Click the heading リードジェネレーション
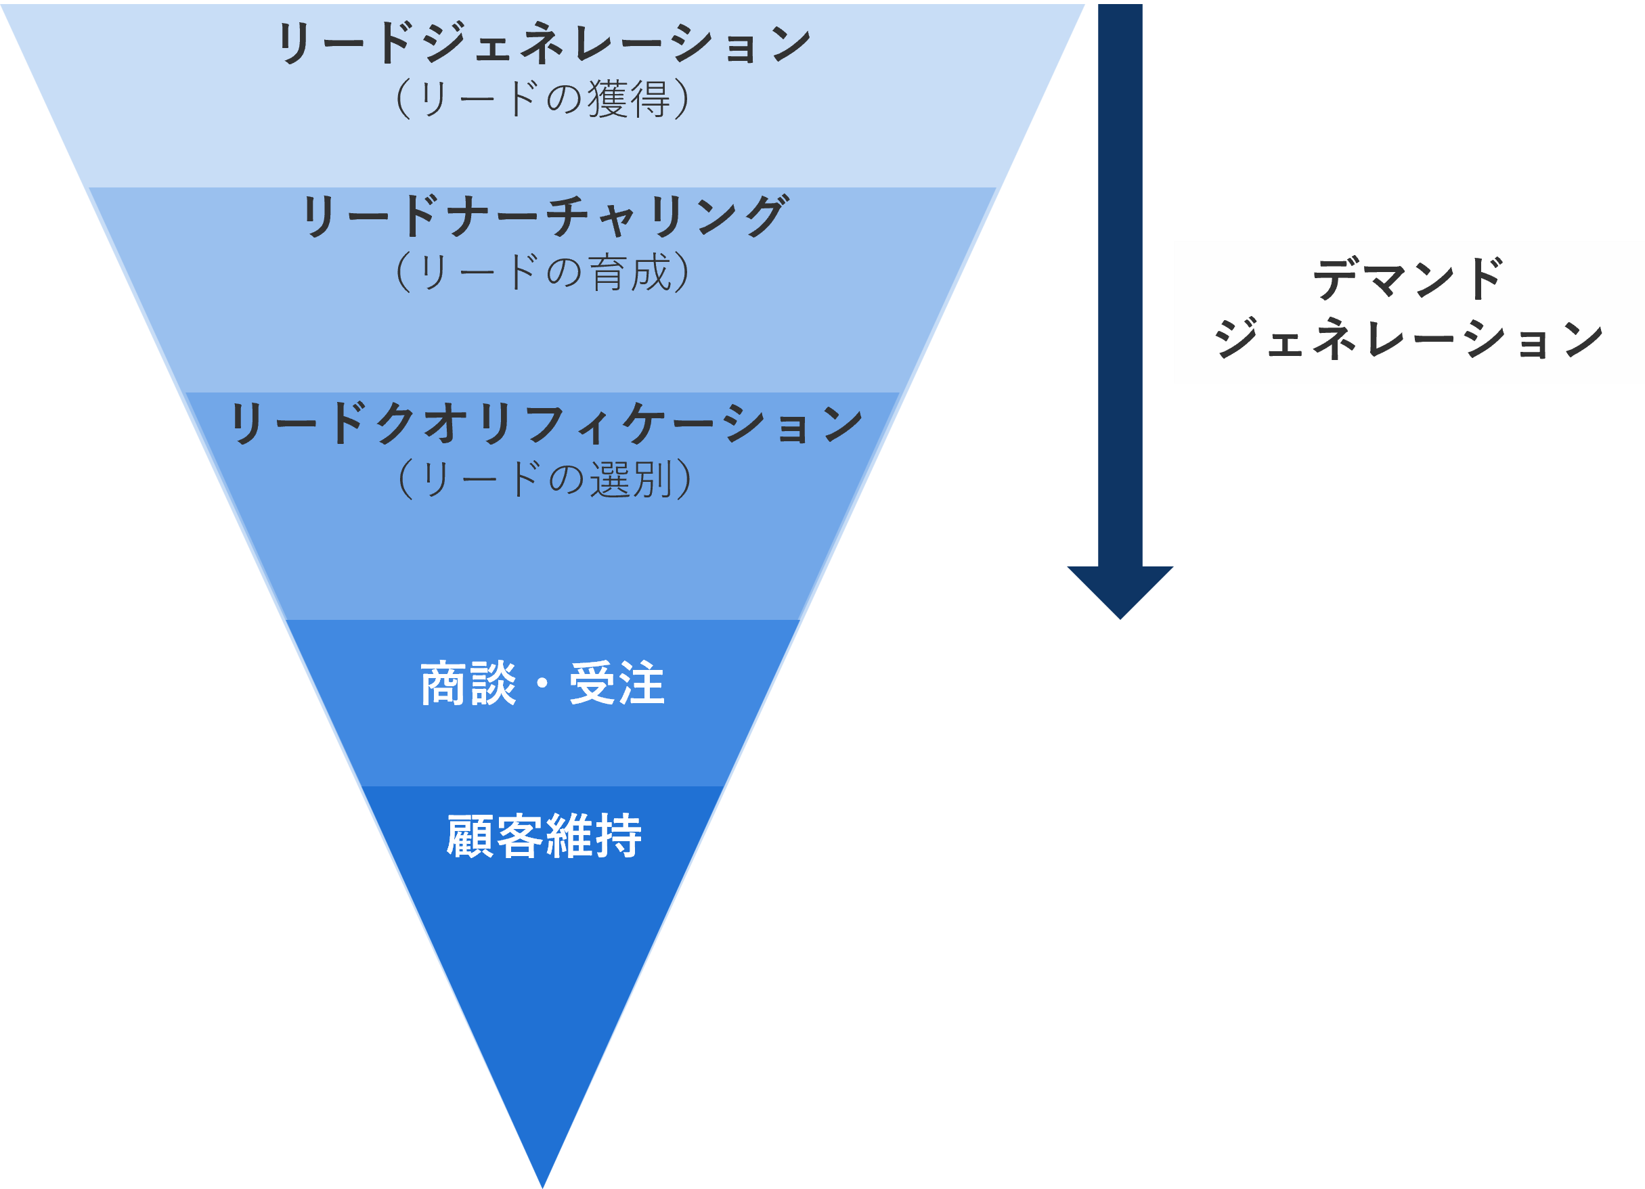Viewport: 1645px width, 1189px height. (544, 43)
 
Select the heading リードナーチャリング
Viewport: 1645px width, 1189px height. (544, 216)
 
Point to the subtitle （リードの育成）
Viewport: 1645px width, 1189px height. (542, 273)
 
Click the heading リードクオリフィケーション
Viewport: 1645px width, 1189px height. (546, 424)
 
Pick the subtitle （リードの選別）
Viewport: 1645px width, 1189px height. (545, 479)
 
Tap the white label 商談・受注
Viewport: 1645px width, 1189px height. (542, 683)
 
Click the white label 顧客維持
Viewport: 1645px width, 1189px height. (544, 836)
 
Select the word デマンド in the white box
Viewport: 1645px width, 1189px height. (1408, 279)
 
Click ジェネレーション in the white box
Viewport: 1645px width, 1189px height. (1408, 338)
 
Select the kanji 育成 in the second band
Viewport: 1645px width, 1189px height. (630, 273)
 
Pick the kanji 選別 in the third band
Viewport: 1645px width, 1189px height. (631, 479)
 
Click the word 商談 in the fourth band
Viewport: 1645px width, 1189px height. (468, 683)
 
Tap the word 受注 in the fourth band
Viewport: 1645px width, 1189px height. (617, 683)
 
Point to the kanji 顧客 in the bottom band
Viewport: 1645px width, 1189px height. (495, 836)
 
